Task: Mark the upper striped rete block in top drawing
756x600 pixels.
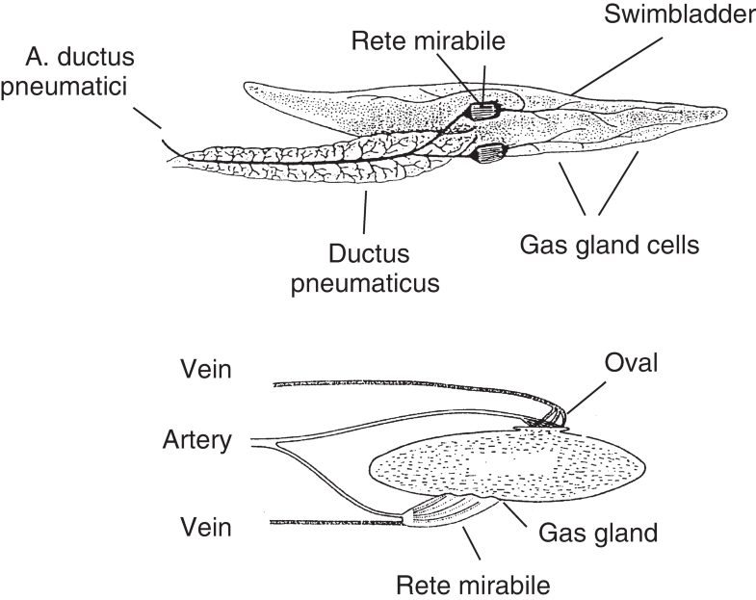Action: pyautogui.click(x=482, y=109)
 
